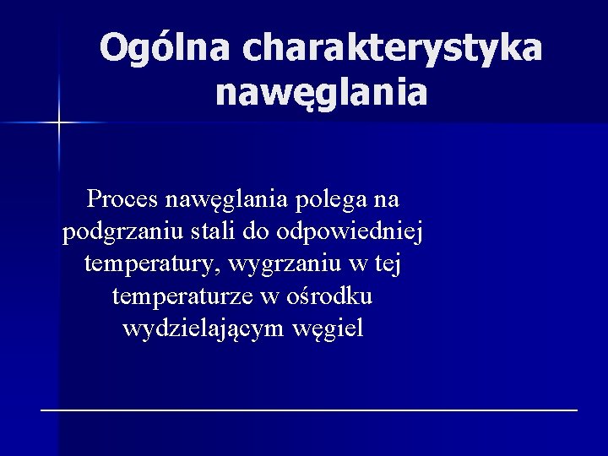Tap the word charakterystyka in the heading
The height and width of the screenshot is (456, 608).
(392, 48)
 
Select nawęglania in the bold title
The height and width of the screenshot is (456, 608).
(321, 92)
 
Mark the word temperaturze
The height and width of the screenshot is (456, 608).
(187, 296)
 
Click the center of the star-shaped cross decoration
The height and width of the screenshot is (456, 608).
(58, 123)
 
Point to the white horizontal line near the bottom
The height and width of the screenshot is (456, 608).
(309, 409)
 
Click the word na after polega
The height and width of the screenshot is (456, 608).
(388, 200)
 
